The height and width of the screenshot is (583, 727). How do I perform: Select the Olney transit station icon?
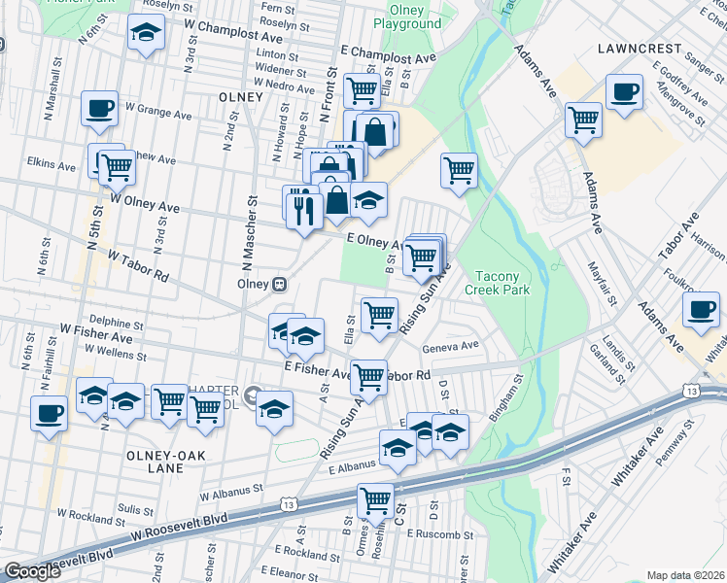coord(279,284)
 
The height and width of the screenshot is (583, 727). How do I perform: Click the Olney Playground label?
coord(406,17)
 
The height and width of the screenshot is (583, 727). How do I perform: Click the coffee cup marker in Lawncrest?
coord(623,92)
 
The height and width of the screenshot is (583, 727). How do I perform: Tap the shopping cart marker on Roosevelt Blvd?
coord(374,501)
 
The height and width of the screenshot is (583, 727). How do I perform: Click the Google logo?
coord(32,571)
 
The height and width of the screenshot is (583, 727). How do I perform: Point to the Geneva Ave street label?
coord(450,346)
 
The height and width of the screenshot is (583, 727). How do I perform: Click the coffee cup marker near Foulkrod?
coord(700,310)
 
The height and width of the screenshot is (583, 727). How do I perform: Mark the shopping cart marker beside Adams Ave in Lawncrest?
coord(583,120)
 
